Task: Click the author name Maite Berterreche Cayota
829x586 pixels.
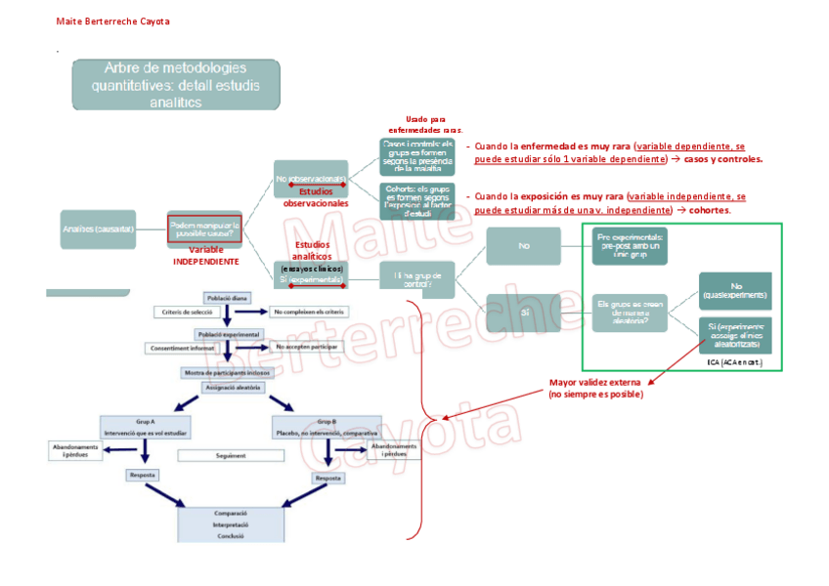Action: pos(111,21)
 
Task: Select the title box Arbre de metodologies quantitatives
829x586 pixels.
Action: pos(175,84)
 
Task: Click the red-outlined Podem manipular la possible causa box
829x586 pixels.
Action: pos(204,228)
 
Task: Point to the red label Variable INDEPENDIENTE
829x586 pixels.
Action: pos(205,256)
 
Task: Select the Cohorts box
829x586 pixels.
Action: pos(417,199)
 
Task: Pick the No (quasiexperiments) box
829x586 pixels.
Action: pos(734,290)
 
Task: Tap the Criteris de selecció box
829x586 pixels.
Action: pos(188,312)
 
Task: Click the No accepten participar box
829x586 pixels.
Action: pos(309,347)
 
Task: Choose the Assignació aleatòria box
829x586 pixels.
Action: pos(232,387)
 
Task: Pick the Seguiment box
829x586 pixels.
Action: pos(231,455)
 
